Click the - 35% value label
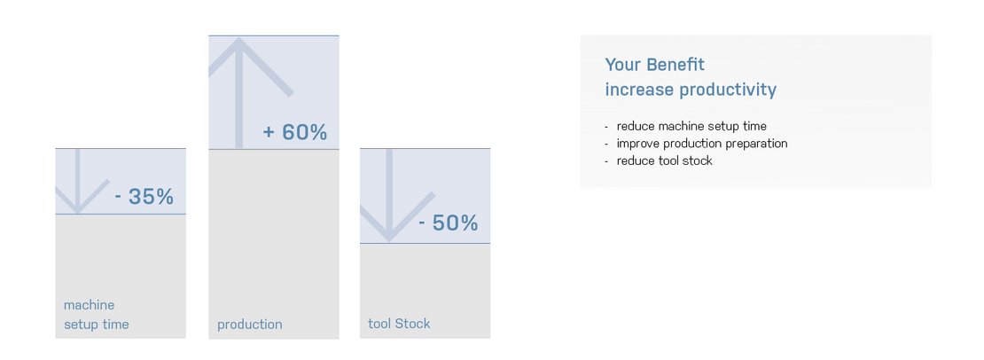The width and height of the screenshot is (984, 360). point(144,197)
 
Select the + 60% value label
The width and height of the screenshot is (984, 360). point(295,133)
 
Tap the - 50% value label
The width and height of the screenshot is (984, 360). point(449,223)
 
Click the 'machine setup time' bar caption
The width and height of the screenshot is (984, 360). point(96,315)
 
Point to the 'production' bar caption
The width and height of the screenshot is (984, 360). point(249,325)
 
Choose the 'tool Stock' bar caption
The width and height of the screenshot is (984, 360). point(399,324)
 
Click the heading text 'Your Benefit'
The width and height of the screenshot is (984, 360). point(654,65)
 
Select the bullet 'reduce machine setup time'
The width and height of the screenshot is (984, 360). point(691,126)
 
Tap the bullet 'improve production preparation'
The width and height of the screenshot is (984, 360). point(701,143)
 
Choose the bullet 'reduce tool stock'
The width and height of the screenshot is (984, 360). point(664,160)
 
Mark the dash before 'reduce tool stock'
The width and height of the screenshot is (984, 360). point(606,161)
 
